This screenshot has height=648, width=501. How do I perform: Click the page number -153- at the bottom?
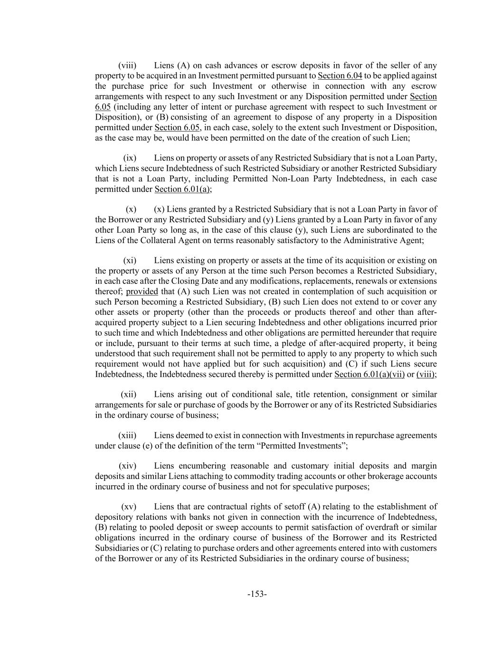257,594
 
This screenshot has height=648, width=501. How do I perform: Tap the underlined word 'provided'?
142,291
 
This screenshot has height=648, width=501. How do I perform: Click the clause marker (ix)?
130,158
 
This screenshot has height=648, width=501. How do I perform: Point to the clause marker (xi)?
130,261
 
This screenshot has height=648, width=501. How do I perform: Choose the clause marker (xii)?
128,394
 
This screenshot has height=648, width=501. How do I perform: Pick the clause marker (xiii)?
127,435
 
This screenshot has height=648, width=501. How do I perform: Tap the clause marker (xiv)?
127,466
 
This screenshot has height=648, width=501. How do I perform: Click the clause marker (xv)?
128,507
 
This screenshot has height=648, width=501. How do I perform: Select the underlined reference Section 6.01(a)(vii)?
369,375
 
